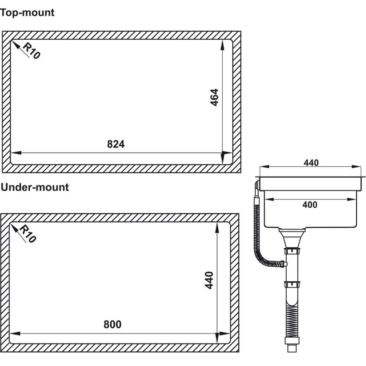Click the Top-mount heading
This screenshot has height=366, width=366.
tap(27, 13)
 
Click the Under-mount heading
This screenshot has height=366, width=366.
tap(35, 187)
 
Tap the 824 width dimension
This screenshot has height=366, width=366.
tap(116, 144)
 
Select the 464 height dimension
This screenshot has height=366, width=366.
tap(214, 97)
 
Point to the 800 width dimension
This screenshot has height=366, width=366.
tap(113, 324)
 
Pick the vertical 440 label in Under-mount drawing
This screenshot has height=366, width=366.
tap(209, 280)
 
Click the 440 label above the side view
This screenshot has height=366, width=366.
tap(311, 163)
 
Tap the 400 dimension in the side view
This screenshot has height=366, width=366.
tap(310, 205)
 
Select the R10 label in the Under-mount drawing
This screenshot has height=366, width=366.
tap(28, 234)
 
